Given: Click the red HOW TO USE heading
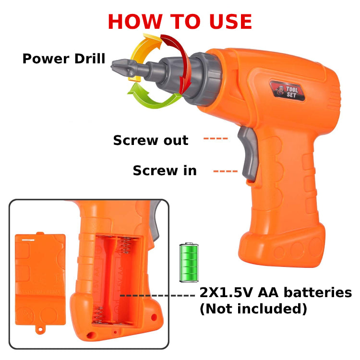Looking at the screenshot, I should click(x=180, y=22).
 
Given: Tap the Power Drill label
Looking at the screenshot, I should click(x=64, y=59).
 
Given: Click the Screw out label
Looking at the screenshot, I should click(x=151, y=140).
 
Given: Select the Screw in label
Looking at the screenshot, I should click(x=165, y=170).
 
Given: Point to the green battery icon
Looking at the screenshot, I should click(x=189, y=262).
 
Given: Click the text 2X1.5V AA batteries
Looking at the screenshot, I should click(x=276, y=293).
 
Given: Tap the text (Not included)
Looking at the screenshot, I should click(x=253, y=309).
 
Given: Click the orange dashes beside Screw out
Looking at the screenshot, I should click(x=215, y=139).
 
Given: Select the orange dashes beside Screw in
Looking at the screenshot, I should click(x=225, y=171).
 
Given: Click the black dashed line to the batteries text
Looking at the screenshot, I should click(x=158, y=295).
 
